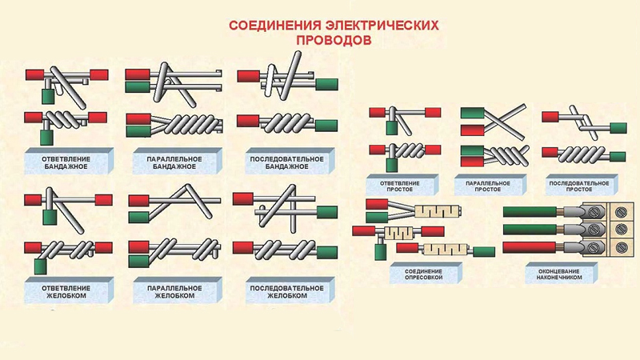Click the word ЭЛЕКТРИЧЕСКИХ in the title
pyautogui.click(x=382, y=26)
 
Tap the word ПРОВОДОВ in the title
pyautogui.click(x=334, y=41)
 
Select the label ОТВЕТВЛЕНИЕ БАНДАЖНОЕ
pyautogui.click(x=66, y=162)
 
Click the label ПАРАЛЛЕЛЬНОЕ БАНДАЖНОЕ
pyautogui.click(x=174, y=162)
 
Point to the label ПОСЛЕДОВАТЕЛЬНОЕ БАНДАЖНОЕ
pyautogui.click(x=287, y=162)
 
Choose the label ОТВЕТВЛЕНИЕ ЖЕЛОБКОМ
pyautogui.click(x=66, y=291)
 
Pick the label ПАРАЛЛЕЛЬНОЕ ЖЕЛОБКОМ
pyautogui.click(x=174, y=291)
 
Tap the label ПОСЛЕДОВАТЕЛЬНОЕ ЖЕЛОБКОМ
pyautogui.click(x=287, y=291)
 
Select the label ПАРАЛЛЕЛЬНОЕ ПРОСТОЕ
pyautogui.click(x=488, y=186)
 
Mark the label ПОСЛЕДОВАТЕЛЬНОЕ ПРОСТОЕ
pyautogui.click(x=579, y=186)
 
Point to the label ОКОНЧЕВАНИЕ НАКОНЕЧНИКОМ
pyautogui.click(x=559, y=274)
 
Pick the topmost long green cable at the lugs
pyautogui.click(x=530, y=211)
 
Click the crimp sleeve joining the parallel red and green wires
pyautogui.click(x=437, y=211)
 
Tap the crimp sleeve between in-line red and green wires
pyautogui.click(x=444, y=249)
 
